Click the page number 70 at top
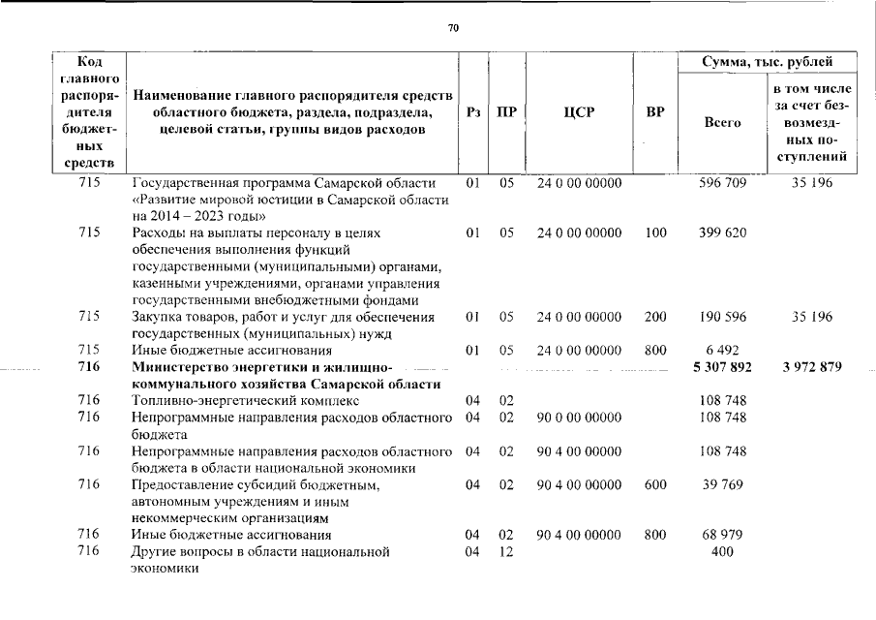[452, 27]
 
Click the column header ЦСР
[579, 112]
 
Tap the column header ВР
[654, 112]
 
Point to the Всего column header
[722, 123]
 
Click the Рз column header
[472, 112]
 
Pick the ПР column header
[506, 112]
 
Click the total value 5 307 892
[722, 367]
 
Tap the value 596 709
[722, 182]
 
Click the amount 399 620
[722, 233]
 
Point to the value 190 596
[722, 317]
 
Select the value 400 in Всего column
[722, 552]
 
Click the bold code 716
[89, 367]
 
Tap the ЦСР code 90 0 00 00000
[579, 417]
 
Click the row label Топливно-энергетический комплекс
[245, 400]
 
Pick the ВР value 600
[654, 484]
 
